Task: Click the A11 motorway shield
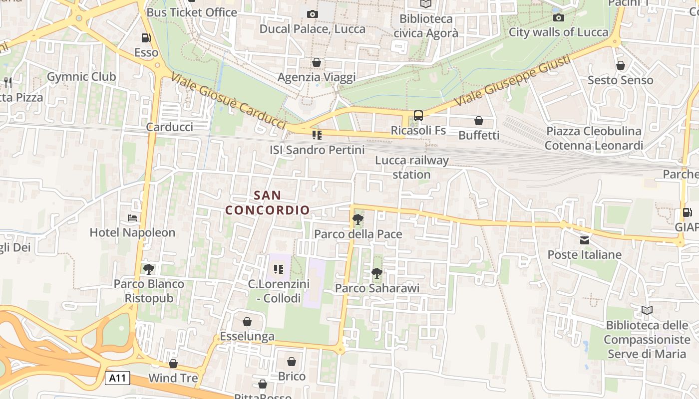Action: click(x=118, y=378)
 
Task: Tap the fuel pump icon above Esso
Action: click(x=146, y=37)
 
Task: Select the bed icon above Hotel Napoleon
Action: click(x=132, y=217)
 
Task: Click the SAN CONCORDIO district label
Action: click(x=268, y=202)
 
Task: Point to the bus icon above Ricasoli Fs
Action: click(x=418, y=116)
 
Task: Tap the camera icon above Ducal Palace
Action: click(x=313, y=14)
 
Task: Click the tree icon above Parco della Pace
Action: click(x=357, y=219)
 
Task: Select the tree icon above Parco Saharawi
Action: click(x=377, y=273)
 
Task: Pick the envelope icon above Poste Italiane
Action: click(x=584, y=240)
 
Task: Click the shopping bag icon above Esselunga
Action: click(x=247, y=322)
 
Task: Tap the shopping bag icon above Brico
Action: click(x=292, y=362)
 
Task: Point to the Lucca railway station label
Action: click(x=412, y=167)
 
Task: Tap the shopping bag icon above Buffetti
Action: click(x=478, y=121)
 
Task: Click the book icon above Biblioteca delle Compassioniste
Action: click(x=647, y=310)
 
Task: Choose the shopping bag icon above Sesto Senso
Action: click(x=621, y=65)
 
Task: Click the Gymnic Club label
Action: click(x=81, y=76)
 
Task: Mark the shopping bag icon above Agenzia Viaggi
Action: click(x=316, y=62)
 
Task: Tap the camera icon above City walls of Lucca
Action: click(x=559, y=18)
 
